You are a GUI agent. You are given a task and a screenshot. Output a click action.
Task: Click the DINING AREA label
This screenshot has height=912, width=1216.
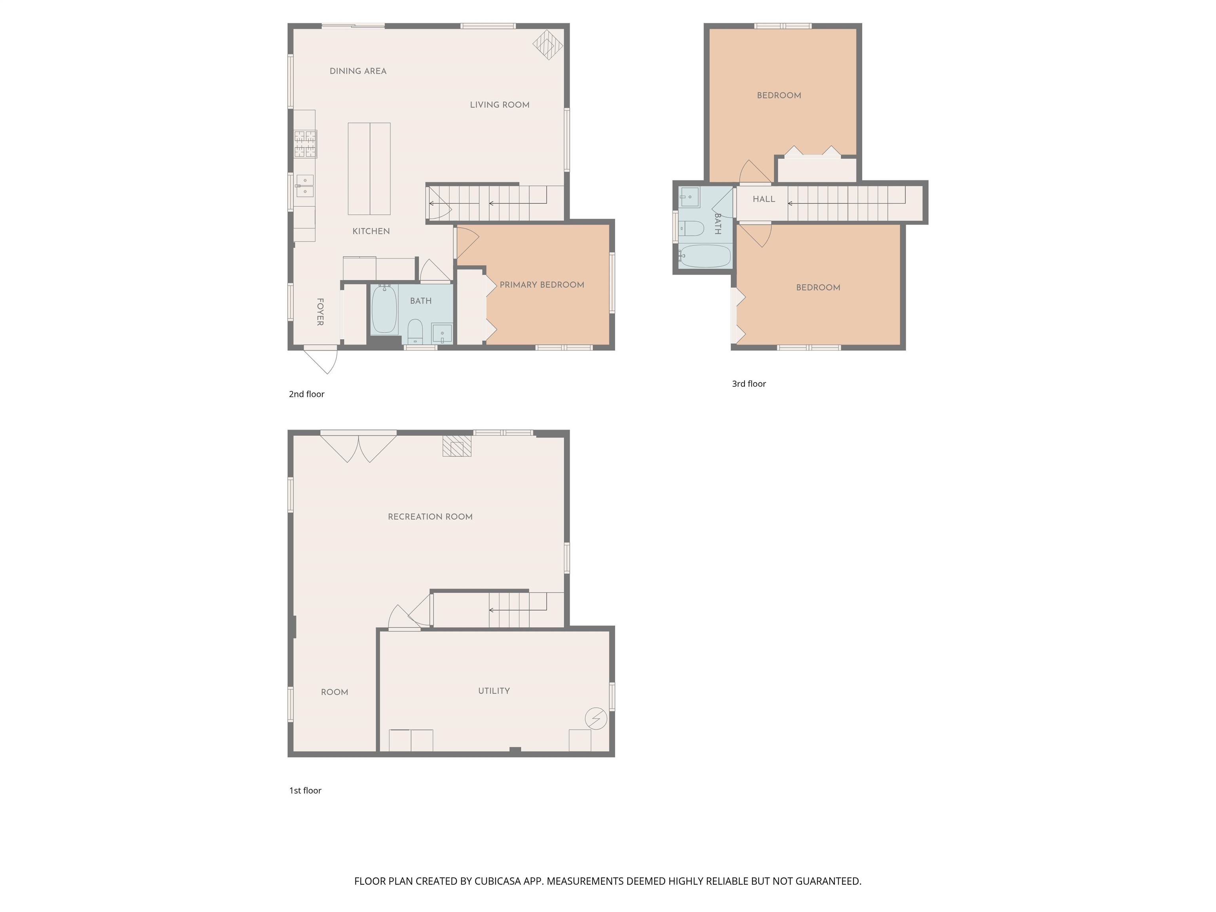358,71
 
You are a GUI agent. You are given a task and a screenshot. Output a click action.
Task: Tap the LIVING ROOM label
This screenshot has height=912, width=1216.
499,104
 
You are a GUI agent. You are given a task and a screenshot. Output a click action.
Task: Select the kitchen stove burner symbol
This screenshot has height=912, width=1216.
305,144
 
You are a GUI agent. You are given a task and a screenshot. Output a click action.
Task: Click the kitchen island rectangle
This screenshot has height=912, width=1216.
369,169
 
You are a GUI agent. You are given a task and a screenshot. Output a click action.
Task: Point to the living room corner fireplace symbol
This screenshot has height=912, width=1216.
548,44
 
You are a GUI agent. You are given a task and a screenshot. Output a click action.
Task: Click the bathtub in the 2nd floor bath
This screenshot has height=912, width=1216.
384,310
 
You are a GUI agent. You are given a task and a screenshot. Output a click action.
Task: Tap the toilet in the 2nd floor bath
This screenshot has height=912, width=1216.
415,331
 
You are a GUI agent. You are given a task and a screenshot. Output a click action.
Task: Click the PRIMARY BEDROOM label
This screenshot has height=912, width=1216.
541,285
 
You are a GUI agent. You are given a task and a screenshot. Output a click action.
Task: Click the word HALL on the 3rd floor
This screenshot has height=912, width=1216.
764,199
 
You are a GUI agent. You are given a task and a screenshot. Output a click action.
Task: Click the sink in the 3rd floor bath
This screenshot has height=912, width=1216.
690,197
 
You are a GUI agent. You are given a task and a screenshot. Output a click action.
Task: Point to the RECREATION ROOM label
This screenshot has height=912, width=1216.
430,517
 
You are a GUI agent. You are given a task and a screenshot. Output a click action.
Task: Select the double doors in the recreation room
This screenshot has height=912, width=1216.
358,447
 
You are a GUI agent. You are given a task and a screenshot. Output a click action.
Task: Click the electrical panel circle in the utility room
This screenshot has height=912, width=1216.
595,718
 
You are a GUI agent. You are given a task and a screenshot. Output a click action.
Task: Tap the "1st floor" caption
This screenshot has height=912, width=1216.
305,790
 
